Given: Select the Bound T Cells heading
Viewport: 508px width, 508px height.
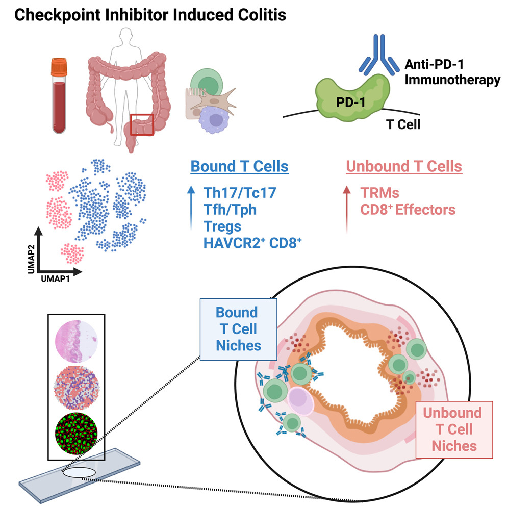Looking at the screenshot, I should pos(239,166).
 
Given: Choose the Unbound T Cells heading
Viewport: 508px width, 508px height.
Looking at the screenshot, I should pos(404,166).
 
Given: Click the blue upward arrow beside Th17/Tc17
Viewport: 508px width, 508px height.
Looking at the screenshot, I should pos(191,209).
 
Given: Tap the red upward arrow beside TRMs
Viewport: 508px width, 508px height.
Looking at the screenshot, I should pos(347,209).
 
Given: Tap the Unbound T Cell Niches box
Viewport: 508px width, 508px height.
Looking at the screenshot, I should pos(454,429).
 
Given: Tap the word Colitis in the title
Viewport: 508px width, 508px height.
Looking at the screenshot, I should pos(257,15).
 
